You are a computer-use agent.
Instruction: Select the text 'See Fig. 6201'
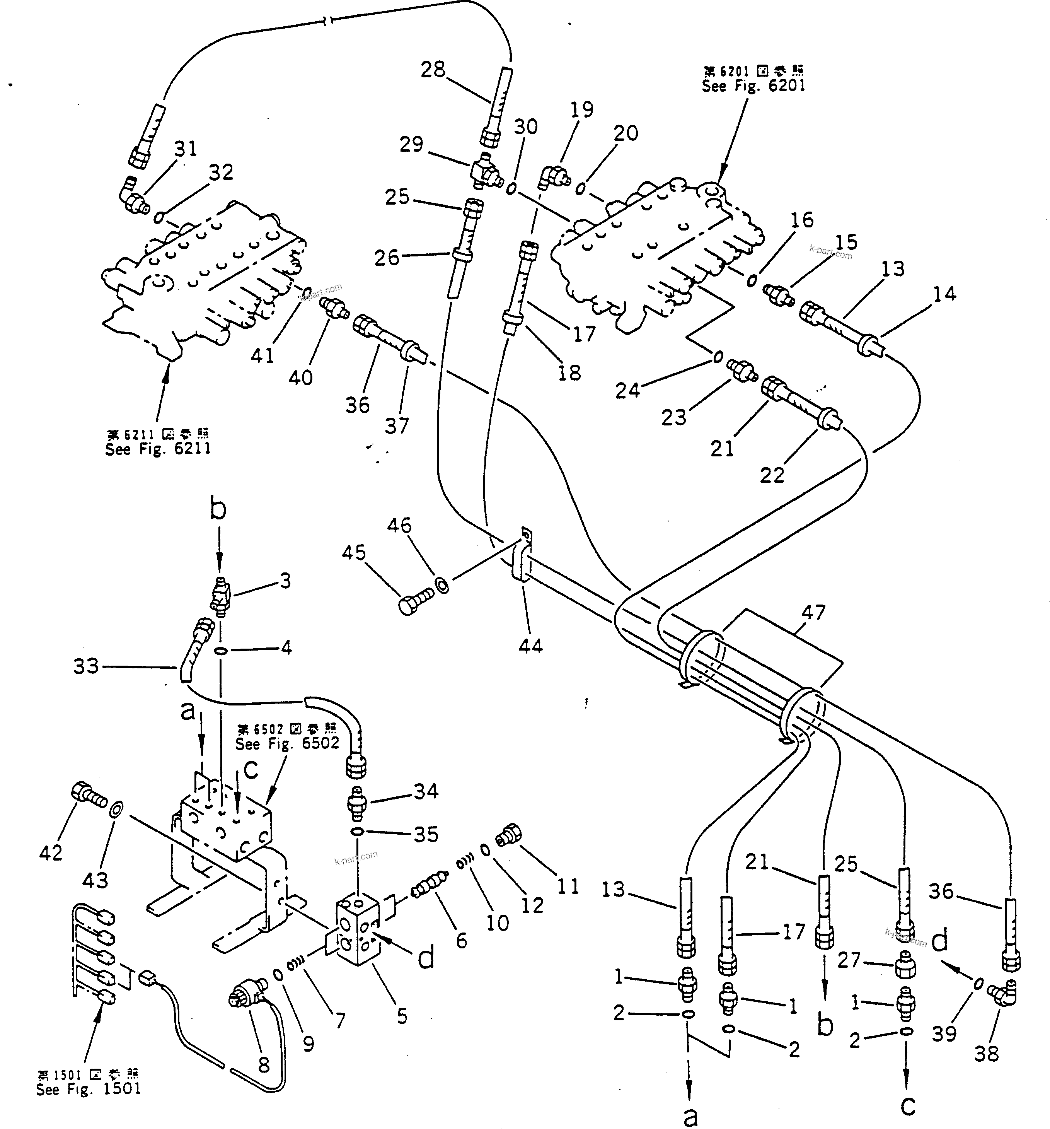753,86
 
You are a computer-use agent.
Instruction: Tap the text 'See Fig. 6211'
158,449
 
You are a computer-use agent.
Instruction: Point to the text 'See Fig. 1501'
88,1089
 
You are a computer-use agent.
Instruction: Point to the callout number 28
433,70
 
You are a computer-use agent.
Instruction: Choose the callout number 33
86,666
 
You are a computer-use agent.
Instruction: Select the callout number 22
772,475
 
